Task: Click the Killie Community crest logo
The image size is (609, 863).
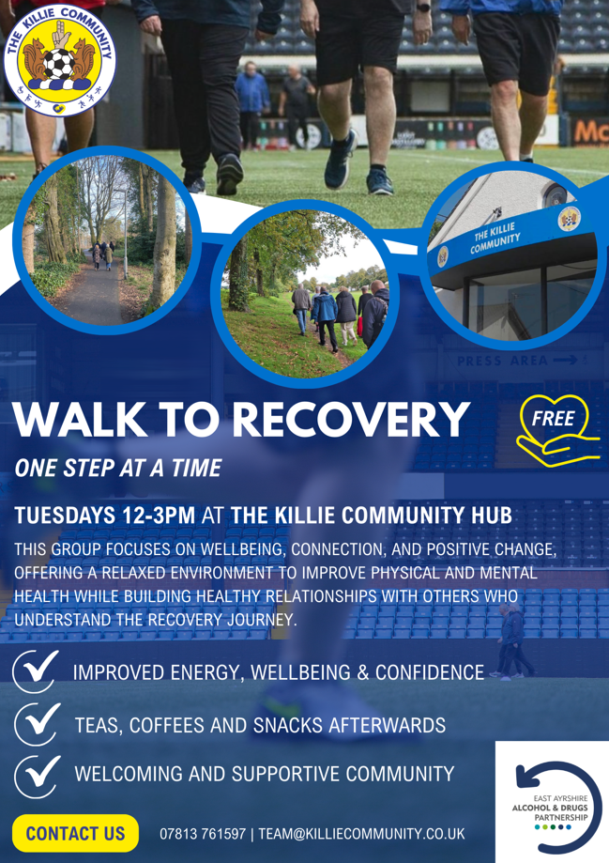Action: pyautogui.click(x=60, y=60)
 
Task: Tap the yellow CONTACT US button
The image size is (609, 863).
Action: pyautogui.click(x=75, y=833)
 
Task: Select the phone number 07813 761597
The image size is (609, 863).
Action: pyautogui.click(x=203, y=834)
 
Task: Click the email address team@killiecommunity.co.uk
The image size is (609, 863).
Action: pyautogui.click(x=361, y=834)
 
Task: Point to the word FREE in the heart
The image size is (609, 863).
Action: pyautogui.click(x=553, y=419)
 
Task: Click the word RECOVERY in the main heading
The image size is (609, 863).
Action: pyautogui.click(x=351, y=420)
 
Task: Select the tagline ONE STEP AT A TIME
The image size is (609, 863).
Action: pyautogui.click(x=117, y=469)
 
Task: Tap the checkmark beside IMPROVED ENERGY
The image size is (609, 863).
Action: pyautogui.click(x=36, y=670)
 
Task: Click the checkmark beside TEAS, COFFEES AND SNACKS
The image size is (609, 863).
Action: pyautogui.click(x=37, y=723)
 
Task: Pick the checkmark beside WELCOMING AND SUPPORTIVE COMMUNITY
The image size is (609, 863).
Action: pyautogui.click(x=37, y=776)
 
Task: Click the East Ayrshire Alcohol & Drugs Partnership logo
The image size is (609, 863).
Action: pyautogui.click(x=552, y=803)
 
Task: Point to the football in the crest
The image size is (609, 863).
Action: pyautogui.click(x=59, y=65)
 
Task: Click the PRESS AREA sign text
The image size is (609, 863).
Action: pyautogui.click(x=503, y=361)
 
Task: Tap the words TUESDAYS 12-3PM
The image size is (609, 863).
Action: pyautogui.click(x=104, y=516)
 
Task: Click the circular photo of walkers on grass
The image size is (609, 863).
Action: pyautogui.click(x=305, y=294)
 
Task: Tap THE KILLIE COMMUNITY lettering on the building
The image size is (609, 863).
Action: pyautogui.click(x=496, y=239)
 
